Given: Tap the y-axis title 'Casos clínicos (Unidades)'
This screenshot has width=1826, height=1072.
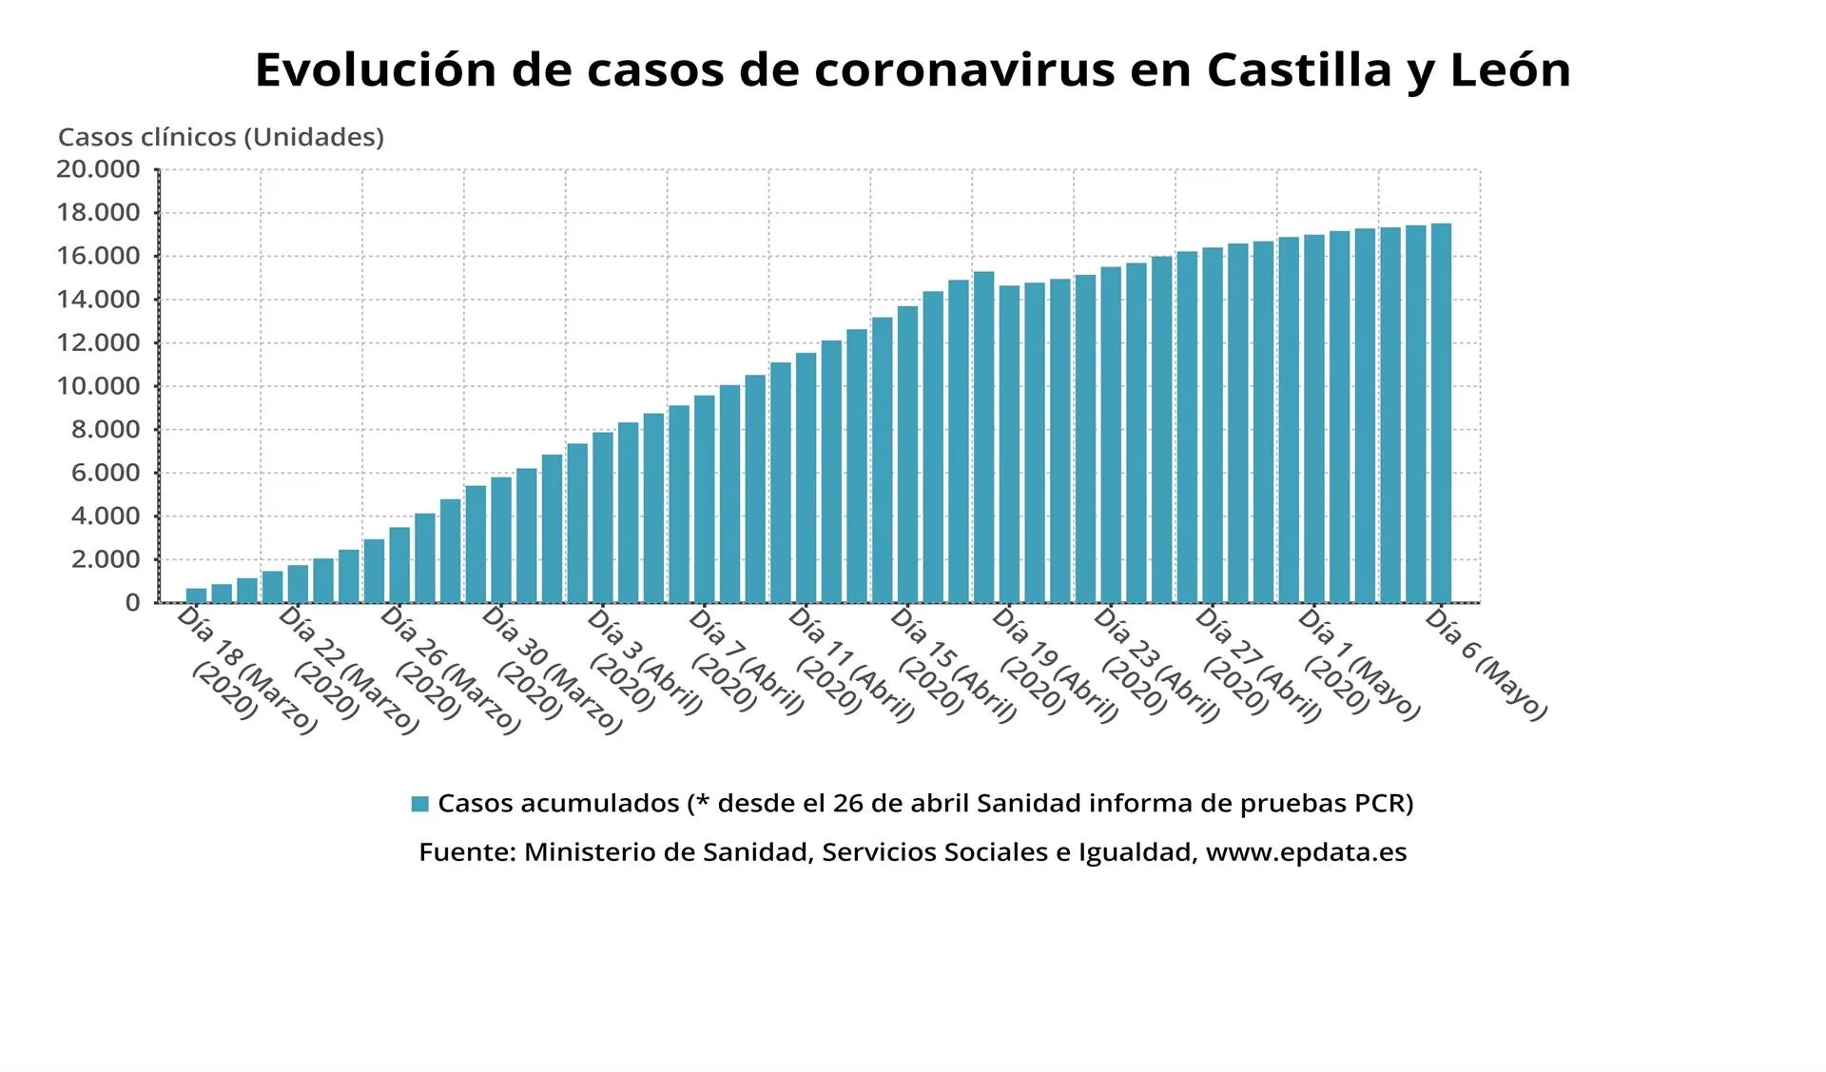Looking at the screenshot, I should coord(221,137).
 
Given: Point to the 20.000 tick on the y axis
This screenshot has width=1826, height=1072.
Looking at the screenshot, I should coord(98,169).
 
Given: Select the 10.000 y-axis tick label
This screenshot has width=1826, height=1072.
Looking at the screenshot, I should coord(98,386).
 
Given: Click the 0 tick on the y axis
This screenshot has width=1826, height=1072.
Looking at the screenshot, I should coord(132,602).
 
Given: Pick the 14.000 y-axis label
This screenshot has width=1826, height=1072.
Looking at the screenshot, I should coord(98,300).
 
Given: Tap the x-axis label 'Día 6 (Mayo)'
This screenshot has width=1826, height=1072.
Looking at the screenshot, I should coord(1486,663).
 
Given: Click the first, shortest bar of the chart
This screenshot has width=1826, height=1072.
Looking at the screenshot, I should coord(196,595).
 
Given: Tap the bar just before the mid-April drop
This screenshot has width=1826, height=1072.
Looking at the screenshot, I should coord(983,437).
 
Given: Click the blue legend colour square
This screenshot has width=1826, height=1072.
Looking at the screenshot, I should coord(419,804).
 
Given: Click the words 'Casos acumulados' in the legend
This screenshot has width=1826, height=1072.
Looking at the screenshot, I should coord(558,804).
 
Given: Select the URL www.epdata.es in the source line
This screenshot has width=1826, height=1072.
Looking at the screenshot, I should coord(1306,852).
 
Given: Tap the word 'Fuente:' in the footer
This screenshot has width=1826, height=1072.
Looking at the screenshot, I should coord(468,852).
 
